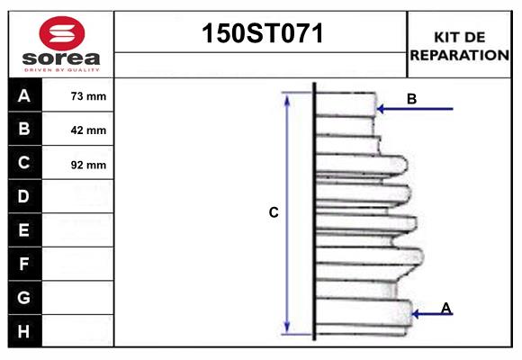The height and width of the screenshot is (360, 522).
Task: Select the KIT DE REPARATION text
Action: click(x=459, y=46)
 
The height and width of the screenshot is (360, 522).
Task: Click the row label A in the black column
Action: click(x=24, y=95)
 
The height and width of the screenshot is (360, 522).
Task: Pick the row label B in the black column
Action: click(x=24, y=129)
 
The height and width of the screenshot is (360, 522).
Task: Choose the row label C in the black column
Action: click(x=24, y=163)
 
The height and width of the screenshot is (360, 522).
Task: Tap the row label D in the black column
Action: click(x=24, y=196)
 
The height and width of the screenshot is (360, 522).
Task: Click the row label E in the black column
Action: click(x=24, y=230)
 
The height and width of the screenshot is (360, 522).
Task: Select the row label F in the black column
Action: click(x=24, y=264)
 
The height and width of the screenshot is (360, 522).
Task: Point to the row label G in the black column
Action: click(x=24, y=297)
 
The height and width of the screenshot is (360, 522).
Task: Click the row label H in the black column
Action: click(x=24, y=331)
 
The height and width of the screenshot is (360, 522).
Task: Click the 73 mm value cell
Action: click(x=88, y=96)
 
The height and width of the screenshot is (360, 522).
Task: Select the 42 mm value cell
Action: click(x=88, y=130)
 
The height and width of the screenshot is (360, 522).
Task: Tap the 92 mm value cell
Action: click(x=88, y=164)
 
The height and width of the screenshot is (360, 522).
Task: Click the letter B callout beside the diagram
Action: click(x=411, y=99)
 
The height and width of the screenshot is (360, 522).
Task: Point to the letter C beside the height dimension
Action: click(x=274, y=212)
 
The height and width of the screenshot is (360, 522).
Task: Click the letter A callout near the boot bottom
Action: click(x=446, y=308)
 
